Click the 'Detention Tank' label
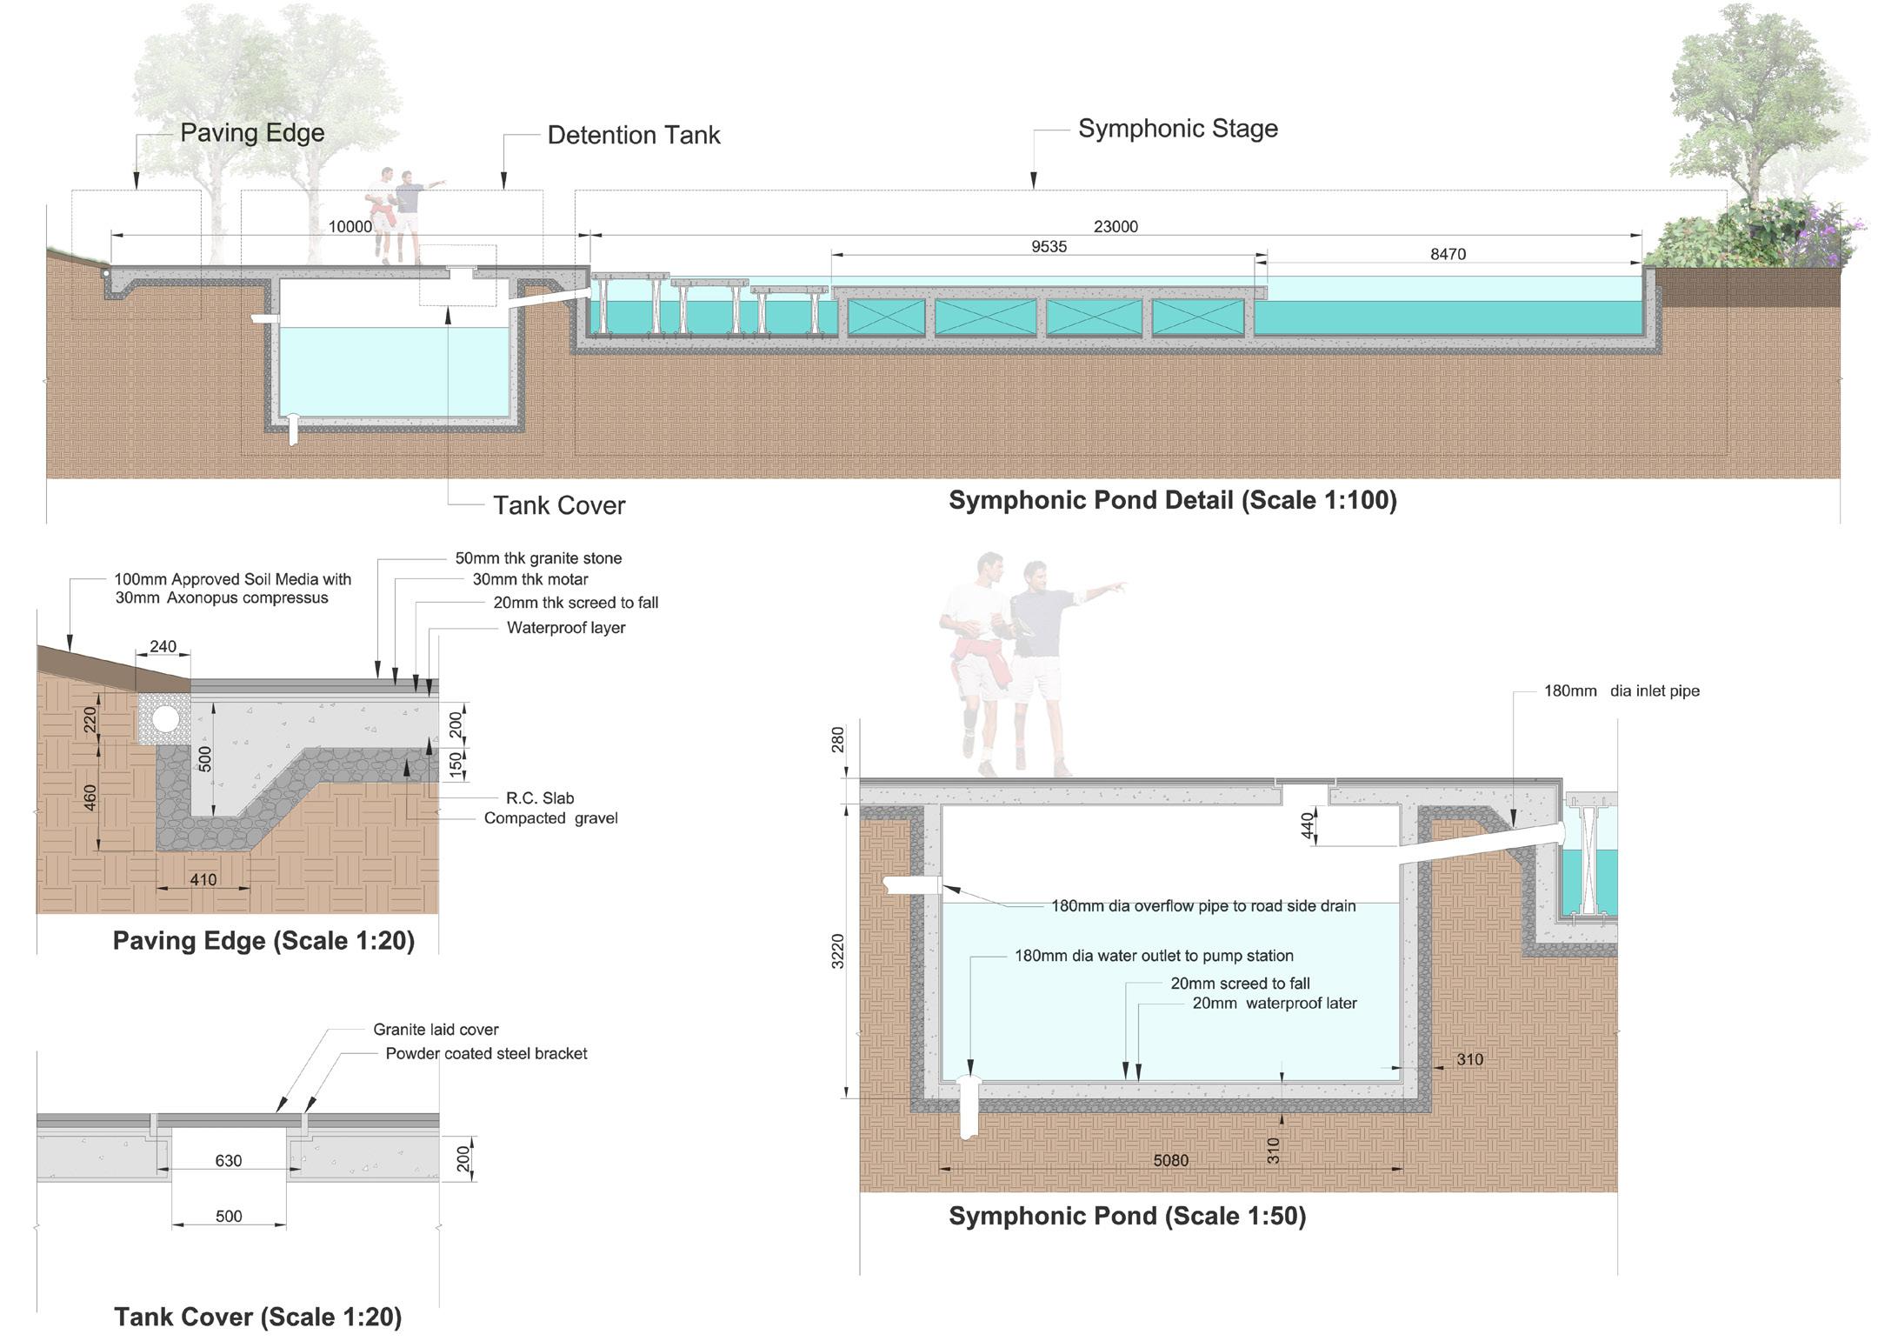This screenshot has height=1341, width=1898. [633, 136]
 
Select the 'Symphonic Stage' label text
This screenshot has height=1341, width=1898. [1177, 129]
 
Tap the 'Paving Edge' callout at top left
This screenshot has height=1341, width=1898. [252, 133]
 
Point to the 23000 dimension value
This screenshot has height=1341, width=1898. [1115, 227]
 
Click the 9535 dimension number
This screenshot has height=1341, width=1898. [1049, 247]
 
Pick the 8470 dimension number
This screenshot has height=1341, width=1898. [1448, 255]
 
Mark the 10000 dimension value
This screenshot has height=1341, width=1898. [350, 227]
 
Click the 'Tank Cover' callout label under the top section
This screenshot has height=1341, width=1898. [559, 506]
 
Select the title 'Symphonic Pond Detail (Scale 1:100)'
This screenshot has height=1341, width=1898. [1172, 500]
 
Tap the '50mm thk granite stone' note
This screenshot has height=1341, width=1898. [538, 558]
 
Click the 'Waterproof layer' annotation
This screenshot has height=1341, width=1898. [566, 628]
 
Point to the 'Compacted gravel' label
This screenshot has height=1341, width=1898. [550, 818]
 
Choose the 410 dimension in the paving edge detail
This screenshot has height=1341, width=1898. [203, 880]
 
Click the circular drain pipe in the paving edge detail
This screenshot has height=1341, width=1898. [165, 718]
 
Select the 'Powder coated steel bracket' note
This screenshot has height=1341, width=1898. [486, 1054]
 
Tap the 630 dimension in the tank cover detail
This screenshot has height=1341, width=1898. [229, 1161]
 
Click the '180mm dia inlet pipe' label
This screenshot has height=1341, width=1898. [1622, 691]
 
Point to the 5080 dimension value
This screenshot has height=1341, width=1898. [1170, 1161]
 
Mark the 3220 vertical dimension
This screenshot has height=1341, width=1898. [837, 951]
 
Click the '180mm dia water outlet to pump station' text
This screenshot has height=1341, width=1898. [1154, 956]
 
